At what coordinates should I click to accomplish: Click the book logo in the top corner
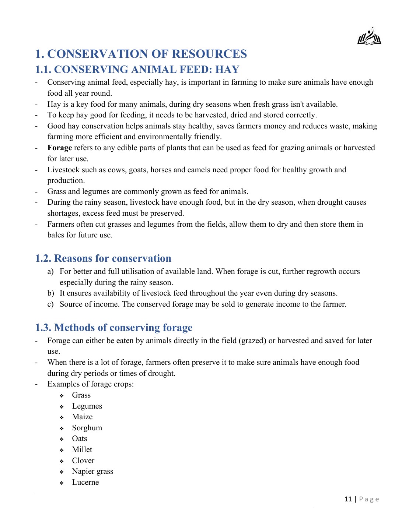click(369, 37)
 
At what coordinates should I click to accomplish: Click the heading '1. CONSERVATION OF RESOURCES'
click(141, 54)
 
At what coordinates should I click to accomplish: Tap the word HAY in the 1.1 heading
click(227, 69)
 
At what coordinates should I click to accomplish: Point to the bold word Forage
click(59, 148)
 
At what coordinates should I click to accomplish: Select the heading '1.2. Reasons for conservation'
click(103, 258)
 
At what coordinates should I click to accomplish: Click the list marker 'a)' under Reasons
click(50, 272)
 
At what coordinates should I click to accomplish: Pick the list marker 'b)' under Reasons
click(50, 293)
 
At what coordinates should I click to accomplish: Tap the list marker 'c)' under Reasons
click(50, 304)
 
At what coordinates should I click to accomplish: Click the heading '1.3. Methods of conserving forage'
click(113, 327)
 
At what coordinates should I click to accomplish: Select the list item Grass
click(81, 395)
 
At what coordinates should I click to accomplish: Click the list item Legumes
click(87, 406)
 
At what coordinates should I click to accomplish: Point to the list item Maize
click(82, 417)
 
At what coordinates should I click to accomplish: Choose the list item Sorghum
click(87, 428)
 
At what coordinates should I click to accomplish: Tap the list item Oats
click(80, 438)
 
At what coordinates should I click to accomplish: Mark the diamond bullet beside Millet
click(62, 450)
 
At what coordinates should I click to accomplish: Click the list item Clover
click(83, 461)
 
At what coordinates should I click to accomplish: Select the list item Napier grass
click(92, 471)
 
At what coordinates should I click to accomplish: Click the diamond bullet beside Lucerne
click(62, 483)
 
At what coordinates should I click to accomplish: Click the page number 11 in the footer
click(348, 499)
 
